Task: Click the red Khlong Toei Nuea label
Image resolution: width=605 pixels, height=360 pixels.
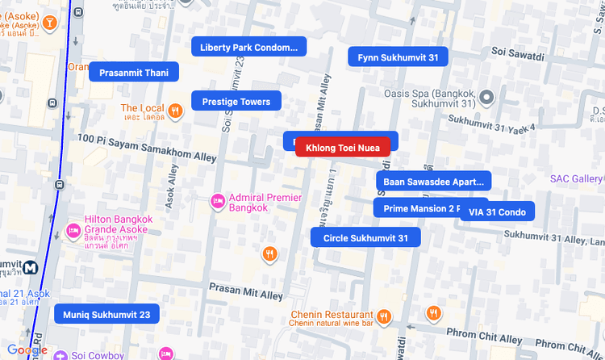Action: [x=343, y=147]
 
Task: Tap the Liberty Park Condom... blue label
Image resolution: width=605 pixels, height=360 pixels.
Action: [x=248, y=47]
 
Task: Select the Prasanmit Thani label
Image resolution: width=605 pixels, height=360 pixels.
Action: [x=133, y=73]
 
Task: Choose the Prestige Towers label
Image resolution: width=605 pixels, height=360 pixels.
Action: [x=236, y=101]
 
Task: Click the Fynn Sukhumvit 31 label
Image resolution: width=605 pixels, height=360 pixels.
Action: [x=398, y=57]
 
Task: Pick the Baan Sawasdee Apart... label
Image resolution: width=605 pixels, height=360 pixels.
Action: [x=433, y=181]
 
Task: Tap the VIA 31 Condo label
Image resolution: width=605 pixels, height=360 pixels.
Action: [x=497, y=211]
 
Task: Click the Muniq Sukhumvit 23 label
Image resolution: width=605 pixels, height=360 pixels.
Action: [x=106, y=313]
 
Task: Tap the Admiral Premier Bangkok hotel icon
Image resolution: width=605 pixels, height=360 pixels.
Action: [x=217, y=202]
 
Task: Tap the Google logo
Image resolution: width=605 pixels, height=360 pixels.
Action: [x=27, y=350]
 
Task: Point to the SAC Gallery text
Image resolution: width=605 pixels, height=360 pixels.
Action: [x=576, y=178]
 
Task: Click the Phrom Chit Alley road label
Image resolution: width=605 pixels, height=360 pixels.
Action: [x=484, y=339]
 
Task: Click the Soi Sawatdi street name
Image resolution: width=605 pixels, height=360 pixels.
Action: [x=518, y=53]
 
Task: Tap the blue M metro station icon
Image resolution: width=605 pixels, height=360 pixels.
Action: [x=32, y=267]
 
